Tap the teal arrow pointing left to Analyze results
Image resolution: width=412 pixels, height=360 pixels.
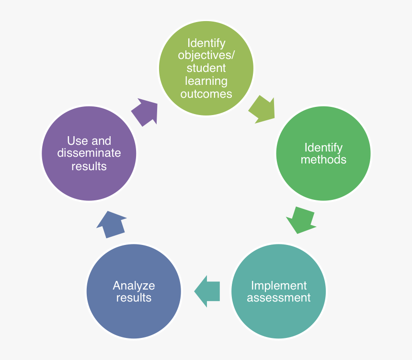(207, 291)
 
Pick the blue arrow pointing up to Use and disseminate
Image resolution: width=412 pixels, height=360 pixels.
(112, 224)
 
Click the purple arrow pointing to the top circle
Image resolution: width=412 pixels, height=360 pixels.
(144, 112)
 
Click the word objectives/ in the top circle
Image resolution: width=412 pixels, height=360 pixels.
(206, 56)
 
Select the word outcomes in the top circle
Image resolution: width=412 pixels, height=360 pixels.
(206, 93)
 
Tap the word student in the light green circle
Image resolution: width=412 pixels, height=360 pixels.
(206, 68)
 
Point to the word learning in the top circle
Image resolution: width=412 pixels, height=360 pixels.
(206, 81)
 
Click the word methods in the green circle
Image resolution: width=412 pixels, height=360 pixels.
(323, 160)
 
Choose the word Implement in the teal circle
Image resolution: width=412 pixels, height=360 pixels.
(279, 286)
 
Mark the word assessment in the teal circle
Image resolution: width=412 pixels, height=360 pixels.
(279, 298)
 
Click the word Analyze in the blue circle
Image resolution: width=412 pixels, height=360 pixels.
(134, 286)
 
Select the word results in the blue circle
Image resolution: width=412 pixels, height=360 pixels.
(134, 298)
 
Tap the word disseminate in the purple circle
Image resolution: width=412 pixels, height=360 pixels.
(89, 153)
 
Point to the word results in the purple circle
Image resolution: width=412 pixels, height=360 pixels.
(89, 166)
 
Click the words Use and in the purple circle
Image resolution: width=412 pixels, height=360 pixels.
(89, 141)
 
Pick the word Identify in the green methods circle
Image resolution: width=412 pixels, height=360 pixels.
(323, 147)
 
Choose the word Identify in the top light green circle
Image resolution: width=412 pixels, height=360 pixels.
(206, 43)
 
